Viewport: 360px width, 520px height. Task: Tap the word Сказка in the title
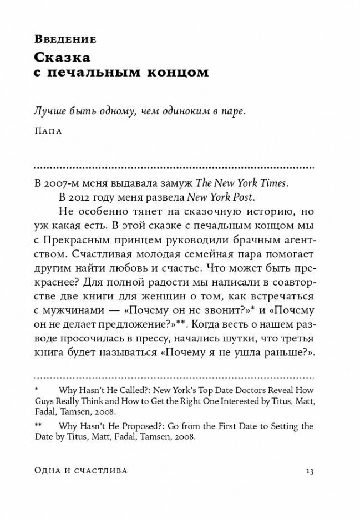click(62, 57)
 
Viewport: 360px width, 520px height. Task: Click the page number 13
click(310, 471)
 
